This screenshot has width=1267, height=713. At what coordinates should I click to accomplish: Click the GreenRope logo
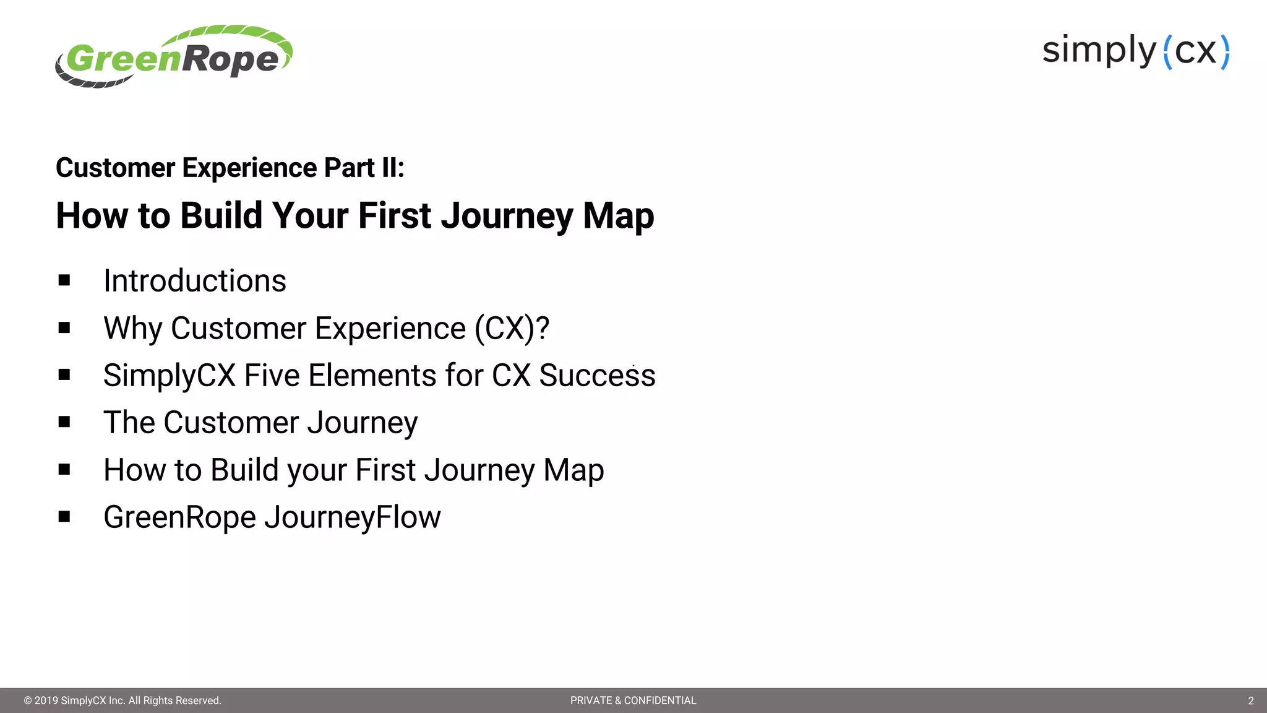pyautogui.click(x=173, y=57)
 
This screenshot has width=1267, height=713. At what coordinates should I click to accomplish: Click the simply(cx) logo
pyautogui.click(x=1136, y=51)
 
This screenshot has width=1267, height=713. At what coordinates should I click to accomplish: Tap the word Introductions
pyautogui.click(x=194, y=281)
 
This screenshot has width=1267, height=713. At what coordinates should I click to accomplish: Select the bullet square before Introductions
pyautogui.click(x=64, y=280)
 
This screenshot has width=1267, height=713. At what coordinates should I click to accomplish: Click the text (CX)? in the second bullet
pyautogui.click(x=512, y=329)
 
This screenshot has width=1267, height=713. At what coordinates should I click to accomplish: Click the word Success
pyautogui.click(x=596, y=376)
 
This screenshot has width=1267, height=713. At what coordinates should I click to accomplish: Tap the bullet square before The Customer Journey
pyautogui.click(x=64, y=422)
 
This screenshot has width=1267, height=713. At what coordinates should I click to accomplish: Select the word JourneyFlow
pyautogui.click(x=353, y=517)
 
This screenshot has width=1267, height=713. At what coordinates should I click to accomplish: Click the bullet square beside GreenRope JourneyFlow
pyautogui.click(x=64, y=517)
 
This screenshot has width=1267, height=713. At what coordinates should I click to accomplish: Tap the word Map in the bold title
pyautogui.click(x=618, y=216)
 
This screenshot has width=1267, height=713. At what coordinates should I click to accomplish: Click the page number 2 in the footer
pyautogui.click(x=1250, y=701)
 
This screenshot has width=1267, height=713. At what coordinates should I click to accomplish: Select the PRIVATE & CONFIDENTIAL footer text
pyautogui.click(x=633, y=701)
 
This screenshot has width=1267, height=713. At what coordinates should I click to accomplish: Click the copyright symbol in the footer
pyautogui.click(x=28, y=701)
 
